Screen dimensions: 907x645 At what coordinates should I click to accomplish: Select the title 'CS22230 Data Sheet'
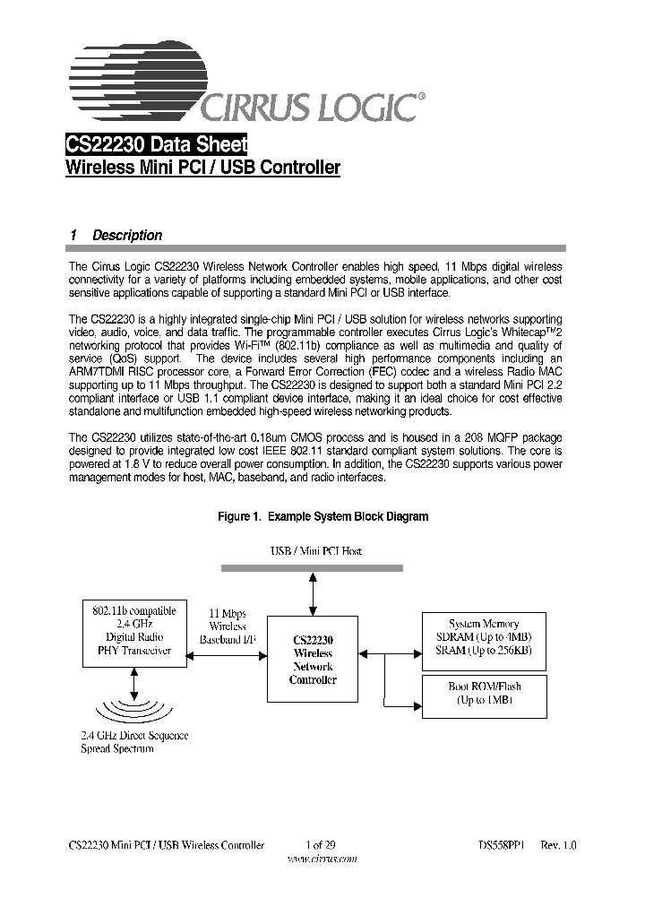[x=157, y=144]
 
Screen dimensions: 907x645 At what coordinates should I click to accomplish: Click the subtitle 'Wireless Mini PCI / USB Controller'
[x=203, y=168]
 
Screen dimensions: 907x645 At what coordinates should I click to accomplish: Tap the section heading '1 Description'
[x=116, y=236]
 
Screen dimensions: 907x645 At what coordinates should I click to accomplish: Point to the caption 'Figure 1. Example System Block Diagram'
[x=323, y=517]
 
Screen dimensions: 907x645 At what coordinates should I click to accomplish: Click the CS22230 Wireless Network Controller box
[x=313, y=660]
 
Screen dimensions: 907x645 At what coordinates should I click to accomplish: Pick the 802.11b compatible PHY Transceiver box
[x=134, y=631]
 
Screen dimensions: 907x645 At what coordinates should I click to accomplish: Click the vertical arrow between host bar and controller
[x=313, y=592]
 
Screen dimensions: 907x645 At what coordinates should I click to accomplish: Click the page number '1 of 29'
[x=320, y=844]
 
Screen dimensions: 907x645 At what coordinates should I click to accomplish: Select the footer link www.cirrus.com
[x=321, y=858]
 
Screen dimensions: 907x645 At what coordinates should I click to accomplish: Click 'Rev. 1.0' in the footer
[x=558, y=844]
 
